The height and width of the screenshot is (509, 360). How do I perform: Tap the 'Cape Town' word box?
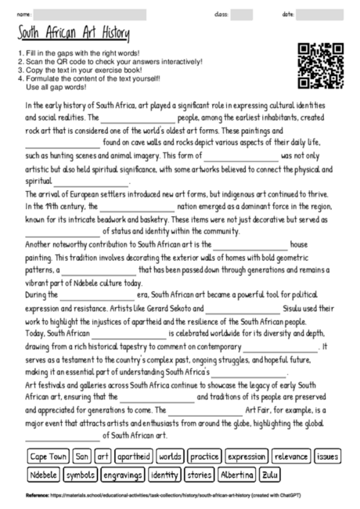(x=47, y=456)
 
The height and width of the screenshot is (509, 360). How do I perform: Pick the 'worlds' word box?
(x=170, y=456)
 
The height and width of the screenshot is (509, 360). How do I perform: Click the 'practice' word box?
(x=205, y=456)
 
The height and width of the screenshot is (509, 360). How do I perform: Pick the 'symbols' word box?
(x=81, y=475)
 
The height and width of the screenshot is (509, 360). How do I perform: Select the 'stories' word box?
(x=200, y=475)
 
